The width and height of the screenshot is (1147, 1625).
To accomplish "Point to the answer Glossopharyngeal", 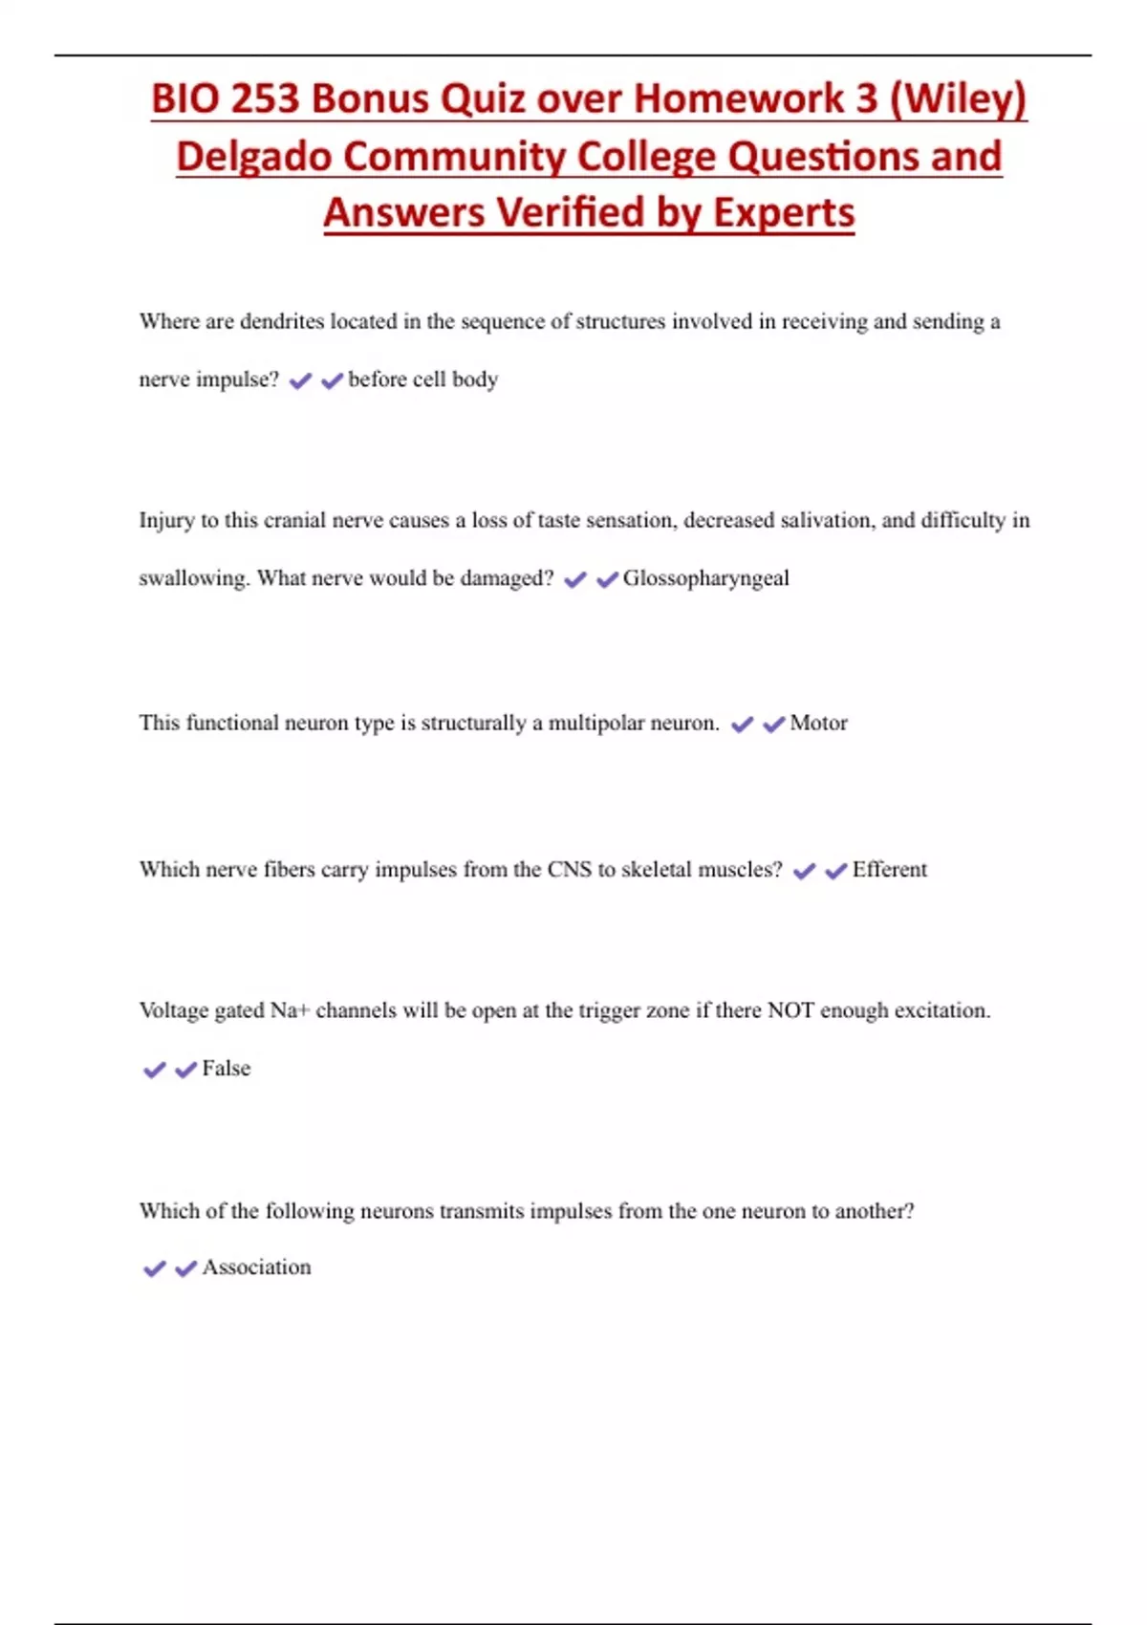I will pyautogui.click(x=705, y=578).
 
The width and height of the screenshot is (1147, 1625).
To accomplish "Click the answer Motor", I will pyautogui.click(x=818, y=723).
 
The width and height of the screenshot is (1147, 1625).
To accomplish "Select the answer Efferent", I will pyautogui.click(x=889, y=869).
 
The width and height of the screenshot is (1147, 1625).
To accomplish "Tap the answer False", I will pyautogui.click(x=226, y=1068).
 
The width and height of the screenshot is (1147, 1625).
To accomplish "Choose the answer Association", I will pyautogui.click(x=256, y=1267).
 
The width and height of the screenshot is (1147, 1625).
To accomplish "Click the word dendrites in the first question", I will pyautogui.click(x=282, y=321).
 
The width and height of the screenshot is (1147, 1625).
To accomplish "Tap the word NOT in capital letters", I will pyautogui.click(x=790, y=1010).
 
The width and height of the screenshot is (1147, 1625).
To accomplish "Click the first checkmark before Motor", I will pyautogui.click(x=742, y=725).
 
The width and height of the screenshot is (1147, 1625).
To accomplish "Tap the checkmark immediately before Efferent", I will pyautogui.click(x=835, y=871).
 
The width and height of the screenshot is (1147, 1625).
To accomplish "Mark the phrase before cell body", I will pyautogui.click(x=422, y=379).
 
